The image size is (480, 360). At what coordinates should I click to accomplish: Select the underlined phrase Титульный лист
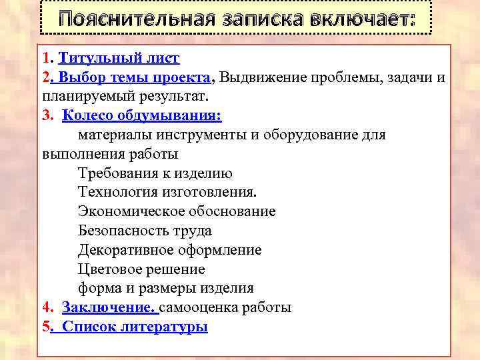click(x=123, y=59)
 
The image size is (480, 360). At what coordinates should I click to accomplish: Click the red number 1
click(x=44, y=59)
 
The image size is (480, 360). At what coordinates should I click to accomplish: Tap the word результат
click(x=152, y=96)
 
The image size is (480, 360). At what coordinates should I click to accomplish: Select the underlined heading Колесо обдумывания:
click(x=142, y=115)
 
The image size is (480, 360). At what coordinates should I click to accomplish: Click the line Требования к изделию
click(x=155, y=173)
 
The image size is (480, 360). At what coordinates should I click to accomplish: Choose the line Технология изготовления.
click(x=167, y=192)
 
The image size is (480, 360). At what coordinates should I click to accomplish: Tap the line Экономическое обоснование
click(x=177, y=211)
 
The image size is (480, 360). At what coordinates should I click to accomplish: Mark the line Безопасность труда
click(x=145, y=231)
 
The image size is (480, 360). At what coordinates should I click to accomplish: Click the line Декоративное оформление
click(x=169, y=250)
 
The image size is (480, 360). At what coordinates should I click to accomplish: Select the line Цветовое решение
click(x=141, y=269)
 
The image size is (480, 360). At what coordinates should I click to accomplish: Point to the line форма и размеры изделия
click(x=166, y=288)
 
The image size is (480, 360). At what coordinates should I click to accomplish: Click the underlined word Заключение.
click(x=109, y=307)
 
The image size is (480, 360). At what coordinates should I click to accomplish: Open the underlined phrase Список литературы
click(x=135, y=327)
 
